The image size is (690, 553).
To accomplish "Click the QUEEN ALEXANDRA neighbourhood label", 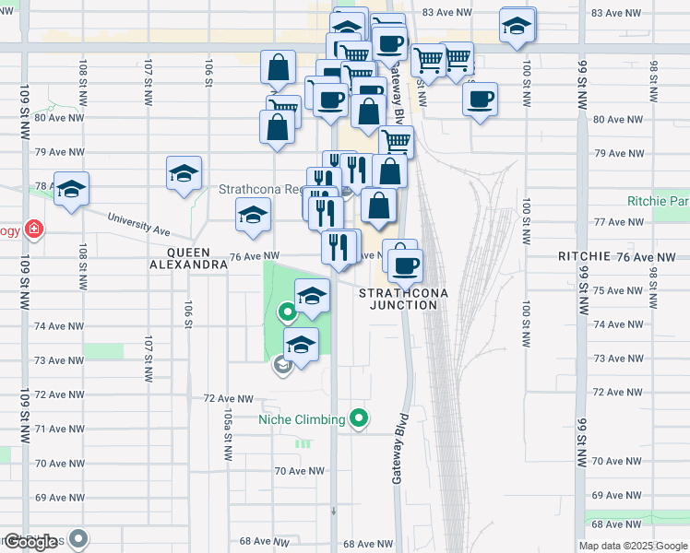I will [189, 257].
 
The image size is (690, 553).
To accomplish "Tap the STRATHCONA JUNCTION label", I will [403, 299].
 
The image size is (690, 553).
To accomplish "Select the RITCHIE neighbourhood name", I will [583, 256].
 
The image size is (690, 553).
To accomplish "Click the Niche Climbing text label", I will [301, 419].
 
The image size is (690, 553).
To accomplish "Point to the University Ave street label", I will [138, 223].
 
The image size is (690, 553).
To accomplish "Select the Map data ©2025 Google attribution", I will [632, 546].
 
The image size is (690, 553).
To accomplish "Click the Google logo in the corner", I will [30, 543].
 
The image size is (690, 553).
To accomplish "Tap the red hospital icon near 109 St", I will [34, 229].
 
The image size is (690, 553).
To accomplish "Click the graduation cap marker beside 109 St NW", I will [71, 190].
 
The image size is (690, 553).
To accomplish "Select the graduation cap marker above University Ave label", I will [184, 174].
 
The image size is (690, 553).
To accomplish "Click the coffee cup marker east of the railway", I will [480, 100].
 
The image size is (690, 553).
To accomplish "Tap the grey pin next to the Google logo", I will [79, 538].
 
